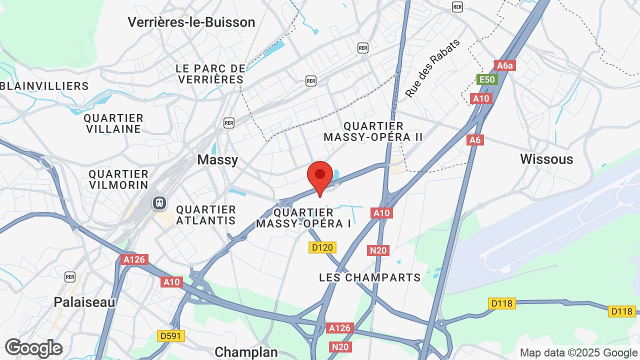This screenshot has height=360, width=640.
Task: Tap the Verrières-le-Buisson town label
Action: [x=191, y=22]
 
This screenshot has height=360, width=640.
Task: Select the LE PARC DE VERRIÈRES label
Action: [x=210, y=74]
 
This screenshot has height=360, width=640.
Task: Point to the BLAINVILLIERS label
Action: [x=44, y=86]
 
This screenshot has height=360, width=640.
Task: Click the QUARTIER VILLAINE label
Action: [x=113, y=123]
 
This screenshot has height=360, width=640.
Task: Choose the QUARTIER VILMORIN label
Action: [x=118, y=179]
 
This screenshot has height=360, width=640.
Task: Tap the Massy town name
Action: [x=217, y=159]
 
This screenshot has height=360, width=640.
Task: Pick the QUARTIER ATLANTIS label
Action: [x=206, y=215]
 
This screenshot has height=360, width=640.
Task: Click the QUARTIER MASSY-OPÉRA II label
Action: [x=373, y=131]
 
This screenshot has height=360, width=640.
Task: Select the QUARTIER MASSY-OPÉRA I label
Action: [x=303, y=218]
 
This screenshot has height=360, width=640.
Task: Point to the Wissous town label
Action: [x=546, y=159]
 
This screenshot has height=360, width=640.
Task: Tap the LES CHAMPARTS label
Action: [x=370, y=277]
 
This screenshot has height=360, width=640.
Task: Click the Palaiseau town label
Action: [x=84, y=302]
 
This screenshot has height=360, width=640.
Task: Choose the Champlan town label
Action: [x=246, y=352]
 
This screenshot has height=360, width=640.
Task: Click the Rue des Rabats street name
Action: [x=432, y=68]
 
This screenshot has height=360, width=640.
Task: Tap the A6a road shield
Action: [x=504, y=65]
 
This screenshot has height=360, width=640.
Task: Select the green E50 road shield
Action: [x=486, y=79]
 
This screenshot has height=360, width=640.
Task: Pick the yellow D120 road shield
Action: [x=322, y=247]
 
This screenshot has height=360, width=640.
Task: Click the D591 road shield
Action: [x=171, y=336]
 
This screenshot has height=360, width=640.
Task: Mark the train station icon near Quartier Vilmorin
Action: [x=159, y=202]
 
